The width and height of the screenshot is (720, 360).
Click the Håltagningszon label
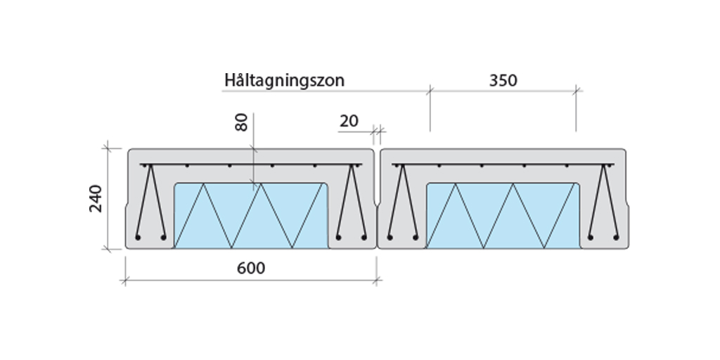tap(284, 80)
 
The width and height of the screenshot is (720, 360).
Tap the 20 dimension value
tap(349, 122)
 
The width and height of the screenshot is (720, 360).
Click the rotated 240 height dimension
tap(96, 198)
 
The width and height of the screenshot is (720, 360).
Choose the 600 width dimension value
tap(251, 269)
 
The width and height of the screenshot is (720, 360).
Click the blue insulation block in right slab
tap(503, 215)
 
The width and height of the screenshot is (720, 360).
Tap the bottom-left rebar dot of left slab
tap(138, 238)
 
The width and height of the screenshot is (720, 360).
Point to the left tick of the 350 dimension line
tap(430, 90)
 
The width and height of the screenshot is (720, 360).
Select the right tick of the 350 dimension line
tap(577, 90)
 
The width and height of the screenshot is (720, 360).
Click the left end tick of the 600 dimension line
tap(126, 281)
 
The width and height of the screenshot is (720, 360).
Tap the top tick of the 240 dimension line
tap(108, 147)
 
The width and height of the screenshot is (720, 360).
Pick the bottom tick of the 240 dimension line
tap(108, 249)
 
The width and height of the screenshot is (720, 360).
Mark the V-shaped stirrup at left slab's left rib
tap(150, 204)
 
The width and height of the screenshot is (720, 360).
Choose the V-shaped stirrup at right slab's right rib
tap(604, 204)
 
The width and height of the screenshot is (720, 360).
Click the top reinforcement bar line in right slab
tap(503, 165)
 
